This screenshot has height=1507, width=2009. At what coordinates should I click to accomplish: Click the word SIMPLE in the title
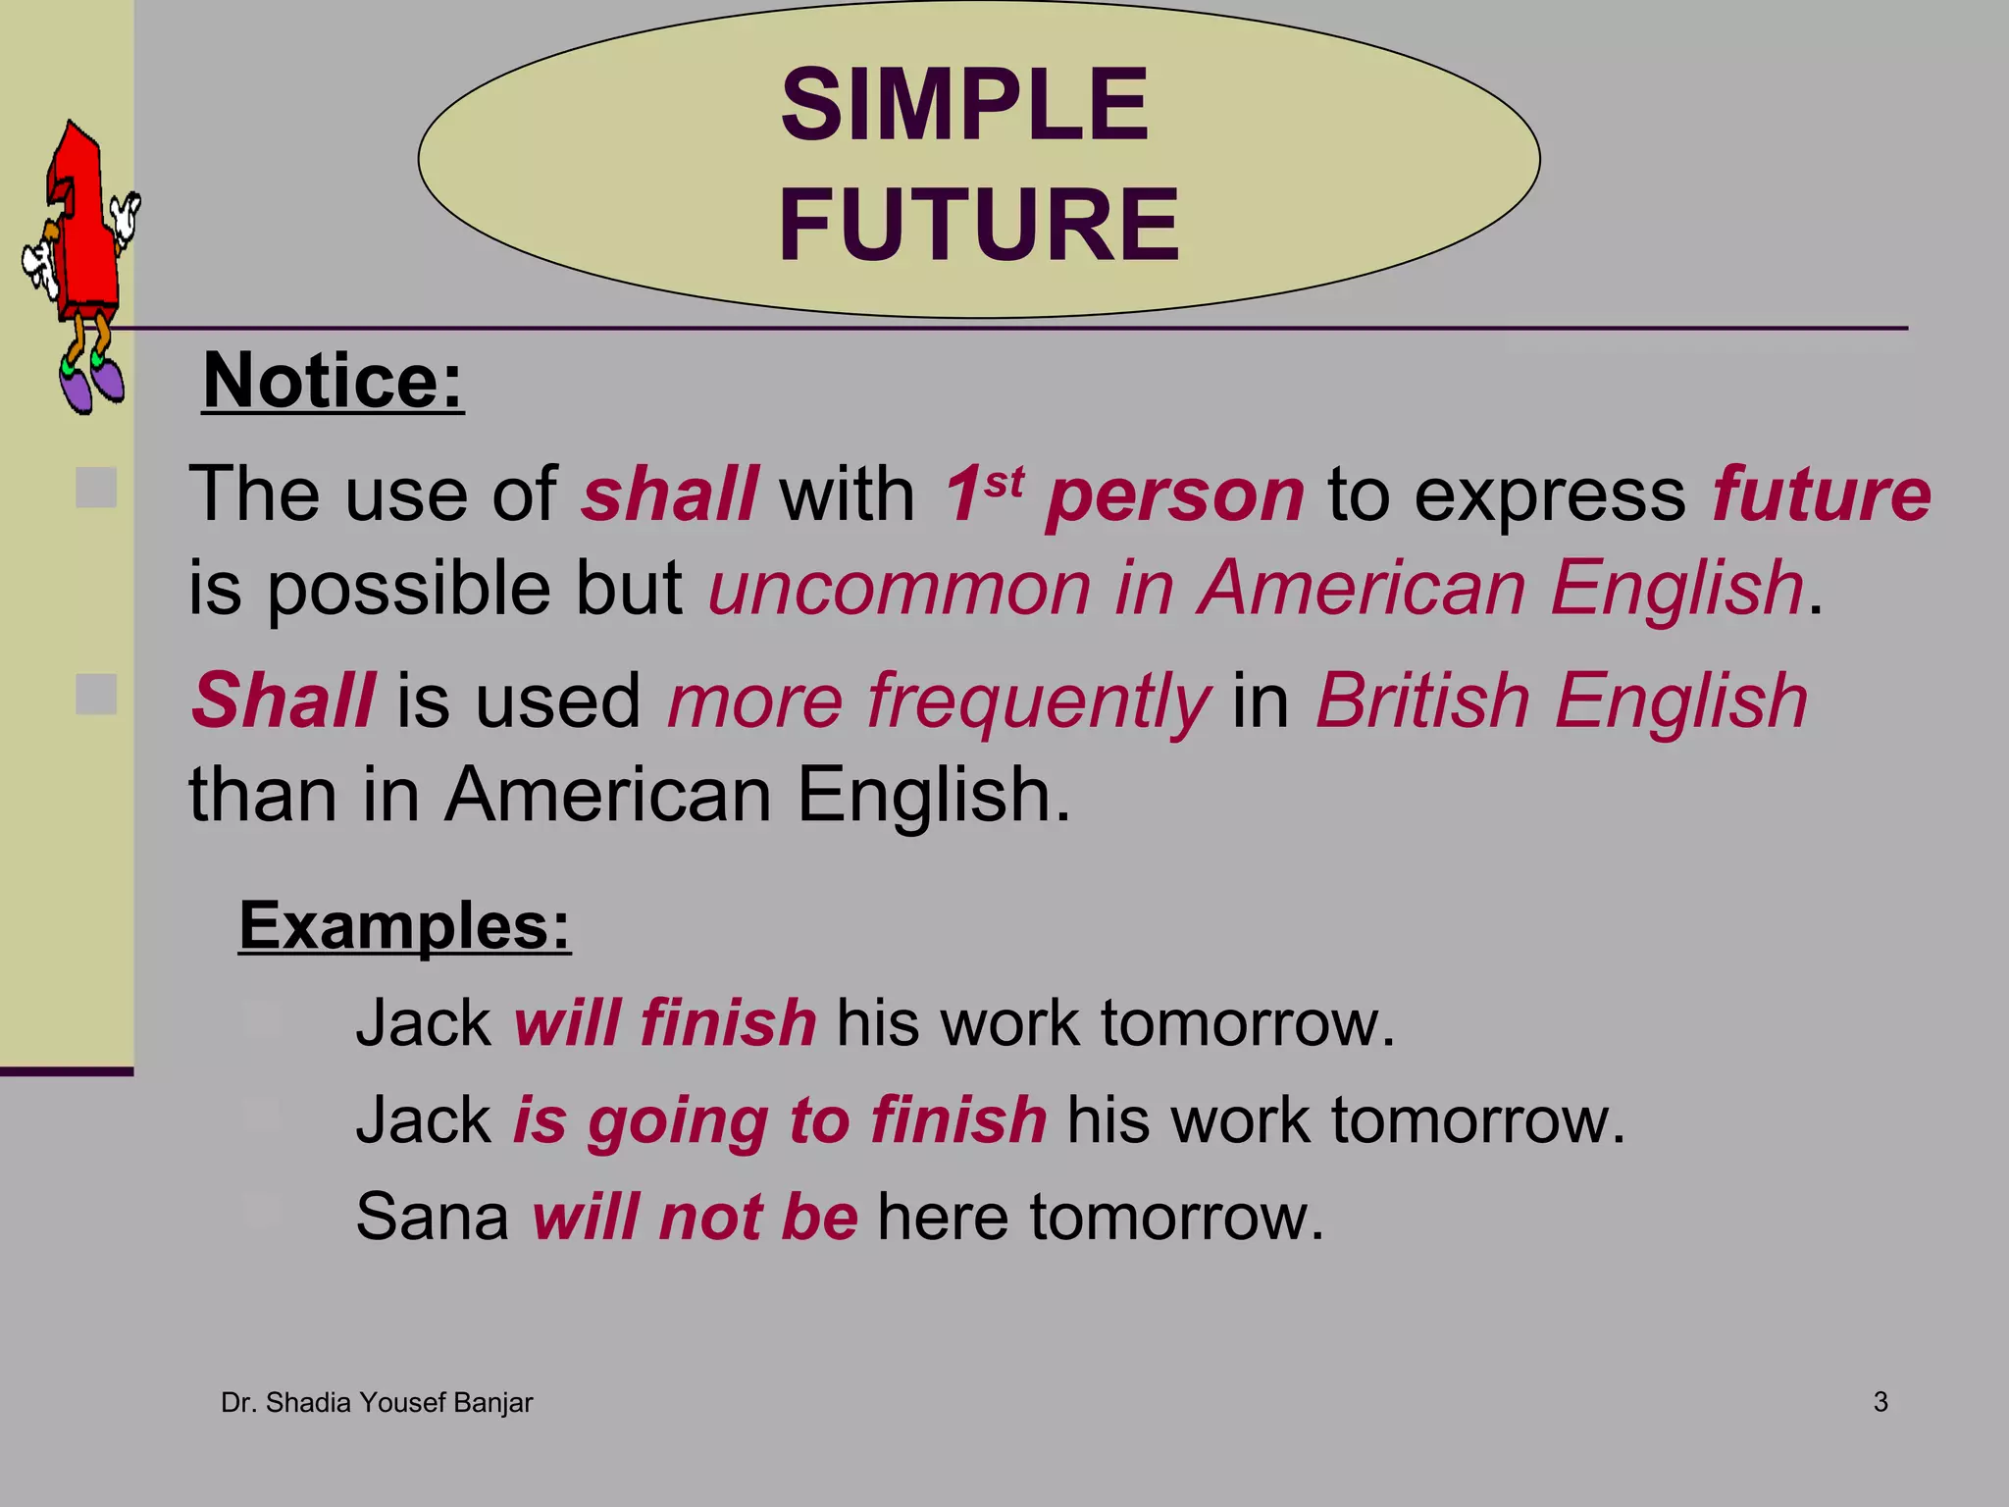click(964, 105)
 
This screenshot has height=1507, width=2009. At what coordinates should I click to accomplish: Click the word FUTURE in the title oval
click(978, 225)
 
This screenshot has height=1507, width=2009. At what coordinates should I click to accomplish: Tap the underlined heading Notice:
click(333, 381)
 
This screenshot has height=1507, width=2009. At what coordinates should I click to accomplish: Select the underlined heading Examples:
click(404, 925)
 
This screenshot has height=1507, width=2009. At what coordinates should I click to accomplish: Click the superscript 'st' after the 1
click(1004, 481)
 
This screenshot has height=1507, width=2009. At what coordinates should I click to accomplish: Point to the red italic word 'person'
click(1174, 494)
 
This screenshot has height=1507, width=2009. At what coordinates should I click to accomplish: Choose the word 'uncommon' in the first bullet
click(900, 589)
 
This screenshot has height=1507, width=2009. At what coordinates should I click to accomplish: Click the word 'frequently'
click(1038, 702)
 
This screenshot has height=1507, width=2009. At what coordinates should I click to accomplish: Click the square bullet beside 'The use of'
click(96, 488)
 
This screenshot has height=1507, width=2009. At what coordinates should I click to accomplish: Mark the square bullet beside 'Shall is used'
click(96, 695)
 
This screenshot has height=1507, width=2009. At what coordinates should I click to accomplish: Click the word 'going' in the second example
click(677, 1121)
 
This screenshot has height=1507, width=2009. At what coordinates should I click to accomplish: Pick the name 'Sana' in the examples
click(432, 1217)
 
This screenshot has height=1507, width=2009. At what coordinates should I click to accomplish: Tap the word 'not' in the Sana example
click(710, 1217)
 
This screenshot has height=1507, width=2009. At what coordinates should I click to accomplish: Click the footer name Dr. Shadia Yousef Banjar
click(377, 1403)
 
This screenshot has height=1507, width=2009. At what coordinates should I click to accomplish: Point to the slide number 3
click(1880, 1402)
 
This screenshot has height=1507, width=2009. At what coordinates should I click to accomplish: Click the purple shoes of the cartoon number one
click(91, 385)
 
